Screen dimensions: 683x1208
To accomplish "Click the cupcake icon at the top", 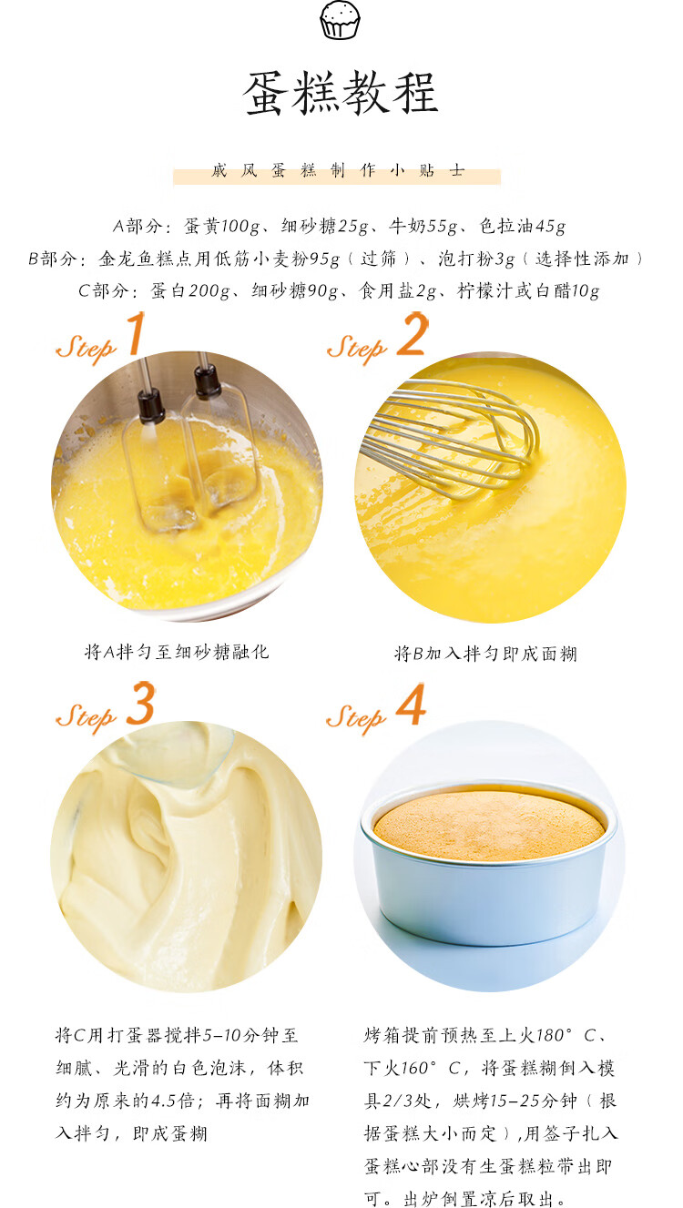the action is tap(340, 20).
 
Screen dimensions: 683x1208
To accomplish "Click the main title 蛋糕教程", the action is tap(341, 93).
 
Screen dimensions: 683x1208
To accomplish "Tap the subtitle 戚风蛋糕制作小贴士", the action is tap(338, 171).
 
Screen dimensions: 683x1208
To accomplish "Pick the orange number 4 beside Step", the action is tap(411, 704).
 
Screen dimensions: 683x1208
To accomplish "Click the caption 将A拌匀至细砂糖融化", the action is tap(177, 652).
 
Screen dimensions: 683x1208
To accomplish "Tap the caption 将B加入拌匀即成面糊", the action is tap(485, 654).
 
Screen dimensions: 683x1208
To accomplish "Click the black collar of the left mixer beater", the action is tap(150, 405).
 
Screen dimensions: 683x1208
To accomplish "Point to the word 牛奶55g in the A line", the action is tap(423, 226).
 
